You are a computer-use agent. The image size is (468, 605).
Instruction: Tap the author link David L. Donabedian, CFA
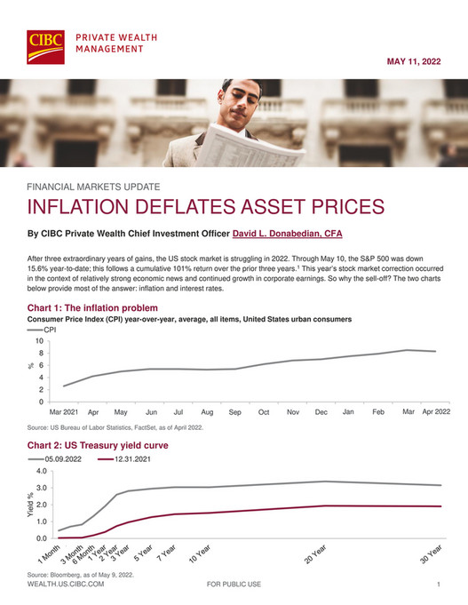(x=288, y=235)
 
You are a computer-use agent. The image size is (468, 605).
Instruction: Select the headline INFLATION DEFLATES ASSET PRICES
(x=194, y=208)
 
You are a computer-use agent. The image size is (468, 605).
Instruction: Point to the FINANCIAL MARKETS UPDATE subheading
(x=93, y=187)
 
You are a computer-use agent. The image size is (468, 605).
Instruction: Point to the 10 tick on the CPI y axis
(x=39, y=340)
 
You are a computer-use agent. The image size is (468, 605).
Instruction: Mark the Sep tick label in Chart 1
(x=235, y=413)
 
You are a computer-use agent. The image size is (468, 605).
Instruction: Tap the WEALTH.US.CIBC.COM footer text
(x=66, y=585)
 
